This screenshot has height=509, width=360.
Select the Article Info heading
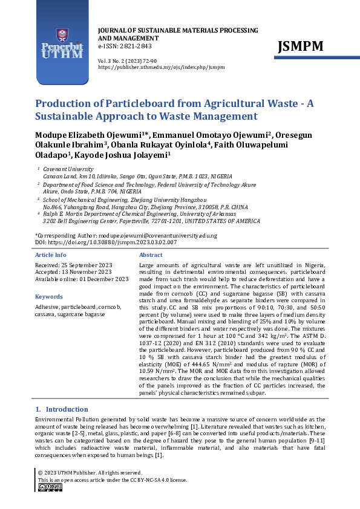[51, 255]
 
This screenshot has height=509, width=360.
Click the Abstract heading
[151, 255]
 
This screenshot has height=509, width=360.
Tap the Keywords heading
[49, 297]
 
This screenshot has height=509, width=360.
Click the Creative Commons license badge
[50, 487]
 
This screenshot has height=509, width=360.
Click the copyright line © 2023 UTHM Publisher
[90, 473]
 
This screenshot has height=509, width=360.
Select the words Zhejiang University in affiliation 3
[175, 198]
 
